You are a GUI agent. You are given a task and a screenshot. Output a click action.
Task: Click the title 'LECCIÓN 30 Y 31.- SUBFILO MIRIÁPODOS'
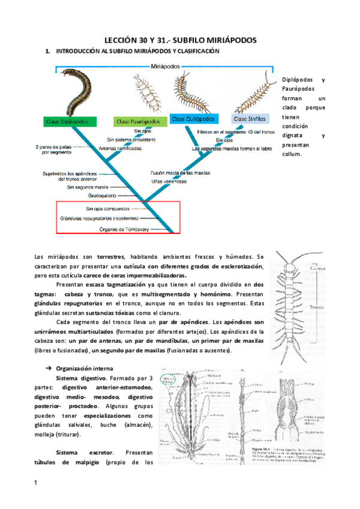[179, 39]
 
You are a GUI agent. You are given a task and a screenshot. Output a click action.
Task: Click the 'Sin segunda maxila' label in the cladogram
[91, 187]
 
